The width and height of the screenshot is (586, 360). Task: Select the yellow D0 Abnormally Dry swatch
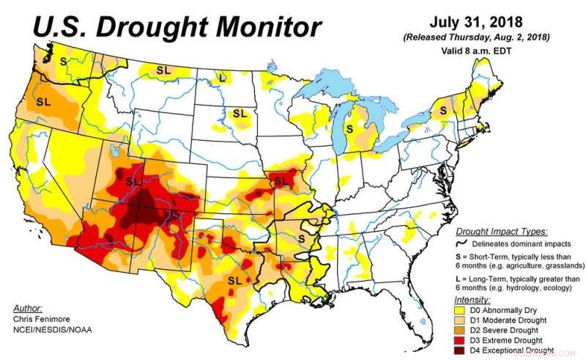tap(461, 310)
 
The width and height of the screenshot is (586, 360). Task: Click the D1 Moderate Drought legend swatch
tap(461, 320)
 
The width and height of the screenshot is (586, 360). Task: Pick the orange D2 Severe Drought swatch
tap(461, 331)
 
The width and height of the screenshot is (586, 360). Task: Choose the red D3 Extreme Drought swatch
tap(461, 342)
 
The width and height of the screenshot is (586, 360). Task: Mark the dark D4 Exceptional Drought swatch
tap(461, 353)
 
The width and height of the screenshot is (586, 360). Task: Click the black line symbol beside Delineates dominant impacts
tap(461, 243)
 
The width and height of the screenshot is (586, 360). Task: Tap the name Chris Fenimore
tap(42, 319)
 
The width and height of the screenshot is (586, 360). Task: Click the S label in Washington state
tap(64, 62)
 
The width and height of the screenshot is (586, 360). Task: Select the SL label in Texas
tap(235, 281)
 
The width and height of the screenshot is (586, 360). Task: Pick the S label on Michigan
tap(349, 128)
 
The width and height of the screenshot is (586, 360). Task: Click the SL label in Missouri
tap(280, 180)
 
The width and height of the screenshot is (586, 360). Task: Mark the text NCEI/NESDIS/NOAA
tap(52, 330)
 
